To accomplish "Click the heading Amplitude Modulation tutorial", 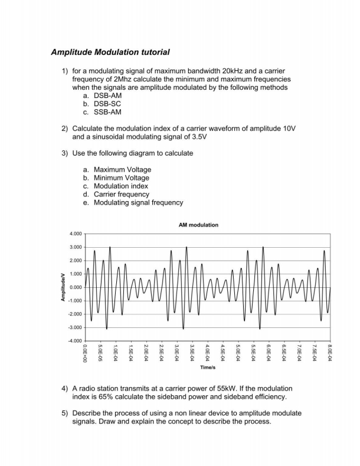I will (x=110, y=52).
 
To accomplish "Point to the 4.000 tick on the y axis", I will (x=76, y=234).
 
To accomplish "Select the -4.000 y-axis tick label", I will (x=74, y=341).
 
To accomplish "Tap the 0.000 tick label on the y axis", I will (x=76, y=287).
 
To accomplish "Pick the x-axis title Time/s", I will (x=207, y=367).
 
